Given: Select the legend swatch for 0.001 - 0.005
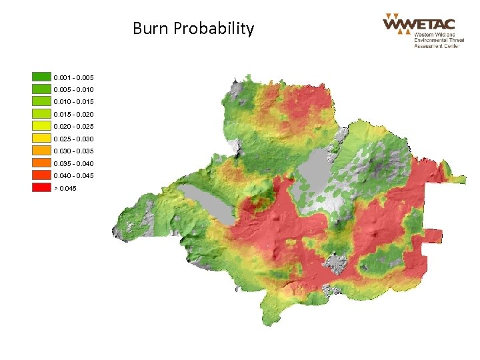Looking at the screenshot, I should pyautogui.click(x=41, y=77).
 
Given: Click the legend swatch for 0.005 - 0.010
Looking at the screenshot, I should pyautogui.click(x=41, y=89).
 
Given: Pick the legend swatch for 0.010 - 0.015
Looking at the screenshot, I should pyautogui.click(x=41, y=102).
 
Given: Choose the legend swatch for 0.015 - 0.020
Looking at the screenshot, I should pyautogui.click(x=41, y=114).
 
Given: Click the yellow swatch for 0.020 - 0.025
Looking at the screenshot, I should pyautogui.click(x=41, y=126).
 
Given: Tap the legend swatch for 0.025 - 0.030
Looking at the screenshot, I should pyautogui.click(x=41, y=139).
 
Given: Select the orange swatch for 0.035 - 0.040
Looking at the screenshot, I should pyautogui.click(x=41, y=163).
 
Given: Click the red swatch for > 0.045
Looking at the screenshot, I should pyautogui.click(x=41, y=188).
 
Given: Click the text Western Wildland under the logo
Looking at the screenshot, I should pyautogui.click(x=435, y=35).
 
